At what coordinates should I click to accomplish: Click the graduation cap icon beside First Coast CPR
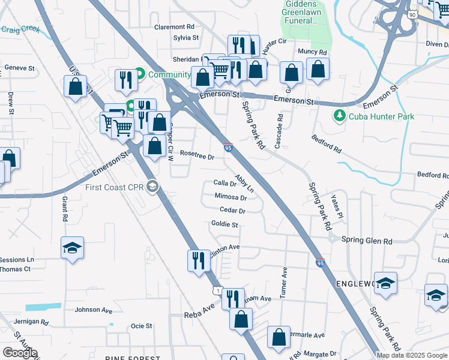152,187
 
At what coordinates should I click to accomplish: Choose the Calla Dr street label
225,184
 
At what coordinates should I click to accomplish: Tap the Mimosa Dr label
231,197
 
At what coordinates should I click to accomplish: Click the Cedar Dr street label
233,211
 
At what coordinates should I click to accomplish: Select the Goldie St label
225,225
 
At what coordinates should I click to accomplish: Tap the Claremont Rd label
175,27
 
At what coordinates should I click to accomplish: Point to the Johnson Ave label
93,311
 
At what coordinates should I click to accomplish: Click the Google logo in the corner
19,353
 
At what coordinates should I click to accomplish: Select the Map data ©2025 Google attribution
412,355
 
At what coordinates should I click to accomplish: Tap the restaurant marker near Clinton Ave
199,261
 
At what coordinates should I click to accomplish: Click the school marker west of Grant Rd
72,248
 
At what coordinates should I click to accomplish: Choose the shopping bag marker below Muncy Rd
318,69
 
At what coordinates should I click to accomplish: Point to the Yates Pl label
337,208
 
